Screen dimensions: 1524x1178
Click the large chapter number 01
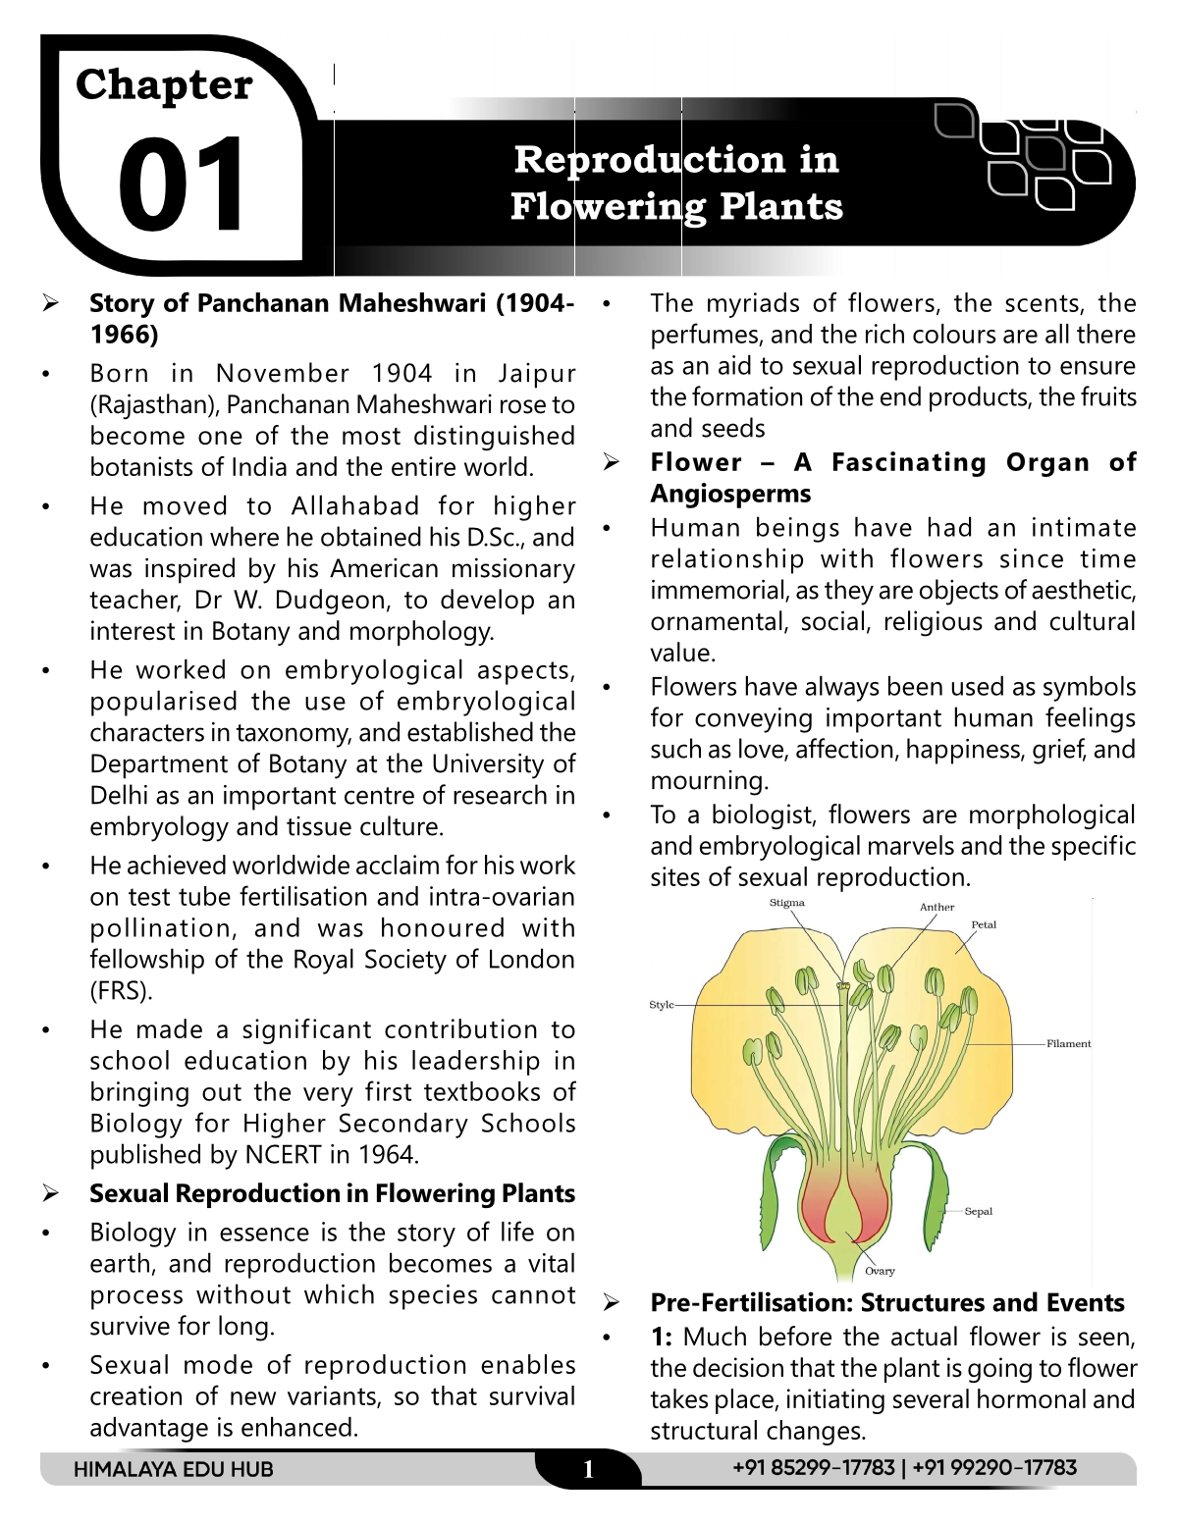[182, 184]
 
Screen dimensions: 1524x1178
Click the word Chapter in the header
[164, 84]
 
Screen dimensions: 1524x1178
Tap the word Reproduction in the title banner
[649, 159]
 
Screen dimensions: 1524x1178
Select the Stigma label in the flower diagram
[786, 903]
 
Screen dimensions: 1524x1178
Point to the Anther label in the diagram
[937, 908]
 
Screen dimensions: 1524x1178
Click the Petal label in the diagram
[983, 924]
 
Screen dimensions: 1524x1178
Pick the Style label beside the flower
[662, 1005]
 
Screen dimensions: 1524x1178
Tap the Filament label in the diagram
[1068, 1044]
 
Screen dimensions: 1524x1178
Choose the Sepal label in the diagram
[978, 1212]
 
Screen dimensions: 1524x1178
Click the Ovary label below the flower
[880, 1271]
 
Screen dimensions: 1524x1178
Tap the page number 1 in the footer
[588, 1469]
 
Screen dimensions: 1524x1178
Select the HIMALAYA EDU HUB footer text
[173, 1469]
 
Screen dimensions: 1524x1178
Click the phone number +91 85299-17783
[814, 1468]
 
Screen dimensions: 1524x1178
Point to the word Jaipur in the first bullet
[537, 374]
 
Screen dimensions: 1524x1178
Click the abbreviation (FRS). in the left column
[121, 990]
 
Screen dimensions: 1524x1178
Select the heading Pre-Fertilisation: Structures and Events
[887, 1302]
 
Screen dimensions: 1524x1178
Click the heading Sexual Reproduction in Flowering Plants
[332, 1193]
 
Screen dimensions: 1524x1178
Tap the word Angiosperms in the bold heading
[730, 494]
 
